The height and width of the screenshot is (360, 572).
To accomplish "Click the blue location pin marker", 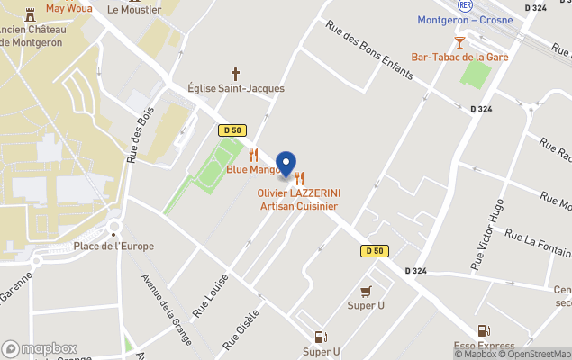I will (286, 163).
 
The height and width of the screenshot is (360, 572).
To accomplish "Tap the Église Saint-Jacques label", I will (236, 88).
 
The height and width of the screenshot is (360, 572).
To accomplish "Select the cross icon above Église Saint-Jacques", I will (236, 73).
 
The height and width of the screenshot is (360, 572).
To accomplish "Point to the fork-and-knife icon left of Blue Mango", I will (254, 154).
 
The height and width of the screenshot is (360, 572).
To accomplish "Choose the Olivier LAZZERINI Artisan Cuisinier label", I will (299, 200).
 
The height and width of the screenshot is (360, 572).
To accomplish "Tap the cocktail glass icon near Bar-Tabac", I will (460, 41).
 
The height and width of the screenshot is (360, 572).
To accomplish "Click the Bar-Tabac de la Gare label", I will (460, 57).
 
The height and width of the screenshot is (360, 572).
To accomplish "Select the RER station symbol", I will (465, 4).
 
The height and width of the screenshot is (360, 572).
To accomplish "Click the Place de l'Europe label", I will (113, 246).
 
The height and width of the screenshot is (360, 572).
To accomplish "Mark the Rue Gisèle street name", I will (242, 328).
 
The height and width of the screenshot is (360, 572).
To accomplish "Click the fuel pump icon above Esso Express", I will (485, 331).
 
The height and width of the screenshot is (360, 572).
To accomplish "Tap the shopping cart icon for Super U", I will (366, 291).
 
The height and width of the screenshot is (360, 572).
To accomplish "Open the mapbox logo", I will (40, 348).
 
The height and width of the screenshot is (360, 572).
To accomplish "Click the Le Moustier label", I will (134, 10).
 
